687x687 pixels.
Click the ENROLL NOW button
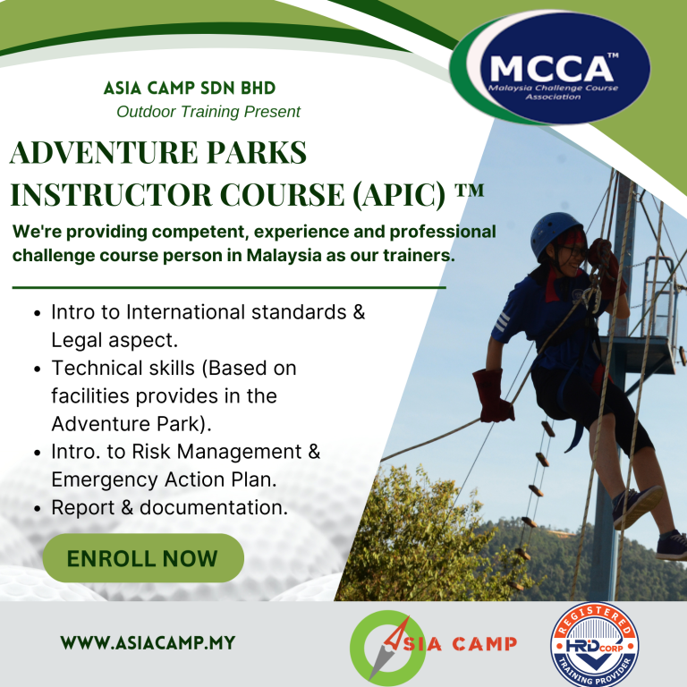pyautogui.click(x=143, y=559)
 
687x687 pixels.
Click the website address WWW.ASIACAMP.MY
pyautogui.click(x=148, y=643)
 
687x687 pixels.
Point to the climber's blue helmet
pyautogui.click(x=554, y=234)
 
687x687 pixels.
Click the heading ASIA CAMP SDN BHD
pyautogui.click(x=190, y=89)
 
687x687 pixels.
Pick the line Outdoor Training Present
pyautogui.click(x=208, y=112)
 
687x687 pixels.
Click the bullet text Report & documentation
pyautogui.click(x=169, y=508)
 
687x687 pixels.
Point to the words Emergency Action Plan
pyautogui.click(x=164, y=479)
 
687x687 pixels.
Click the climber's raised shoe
pyautogui.click(x=639, y=506)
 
